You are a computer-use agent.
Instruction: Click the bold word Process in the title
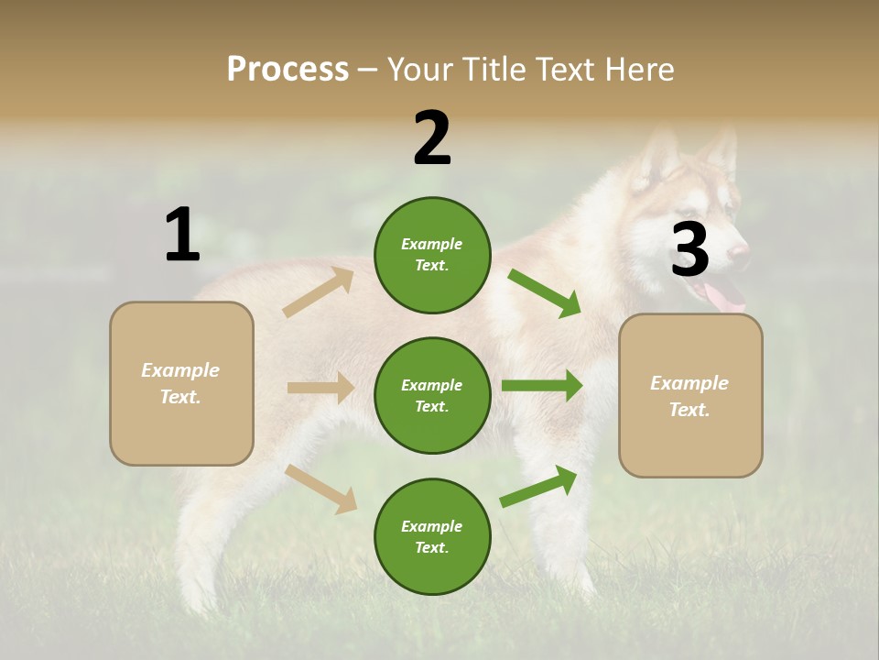coord(288,70)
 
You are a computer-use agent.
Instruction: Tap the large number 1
coord(182,236)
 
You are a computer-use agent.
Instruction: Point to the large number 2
coord(432,138)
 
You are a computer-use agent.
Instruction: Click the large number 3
coord(689,250)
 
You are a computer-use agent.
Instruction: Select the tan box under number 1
coord(181,383)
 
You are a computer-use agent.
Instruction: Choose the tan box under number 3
coord(690,395)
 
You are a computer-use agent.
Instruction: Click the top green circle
coord(432,255)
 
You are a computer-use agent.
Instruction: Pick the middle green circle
coord(432,395)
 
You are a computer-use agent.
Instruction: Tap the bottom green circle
coord(432,536)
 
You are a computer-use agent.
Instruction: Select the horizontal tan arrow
coord(320,388)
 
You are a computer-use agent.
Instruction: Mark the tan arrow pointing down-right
coord(321,489)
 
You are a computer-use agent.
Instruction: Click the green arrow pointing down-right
coord(545,293)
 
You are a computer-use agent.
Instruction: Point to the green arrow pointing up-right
coord(539,486)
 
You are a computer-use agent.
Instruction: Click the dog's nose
coord(740,249)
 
